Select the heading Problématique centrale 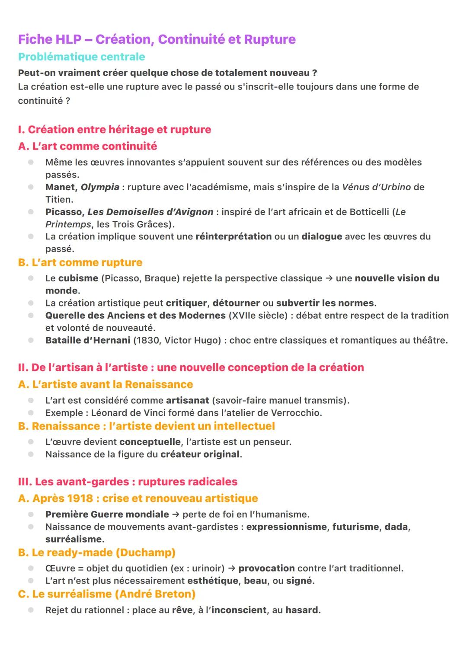coord(81,57)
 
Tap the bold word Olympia coord(100,187)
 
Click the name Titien coord(59,200)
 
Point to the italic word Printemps coord(68,224)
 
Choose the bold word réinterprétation coord(233,236)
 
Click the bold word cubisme coord(78,278)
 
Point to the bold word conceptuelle coord(150,442)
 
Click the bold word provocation coord(266,568)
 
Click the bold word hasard coord(301,610)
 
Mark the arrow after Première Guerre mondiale coord(176,514)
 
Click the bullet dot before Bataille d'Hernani coord(31,340)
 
